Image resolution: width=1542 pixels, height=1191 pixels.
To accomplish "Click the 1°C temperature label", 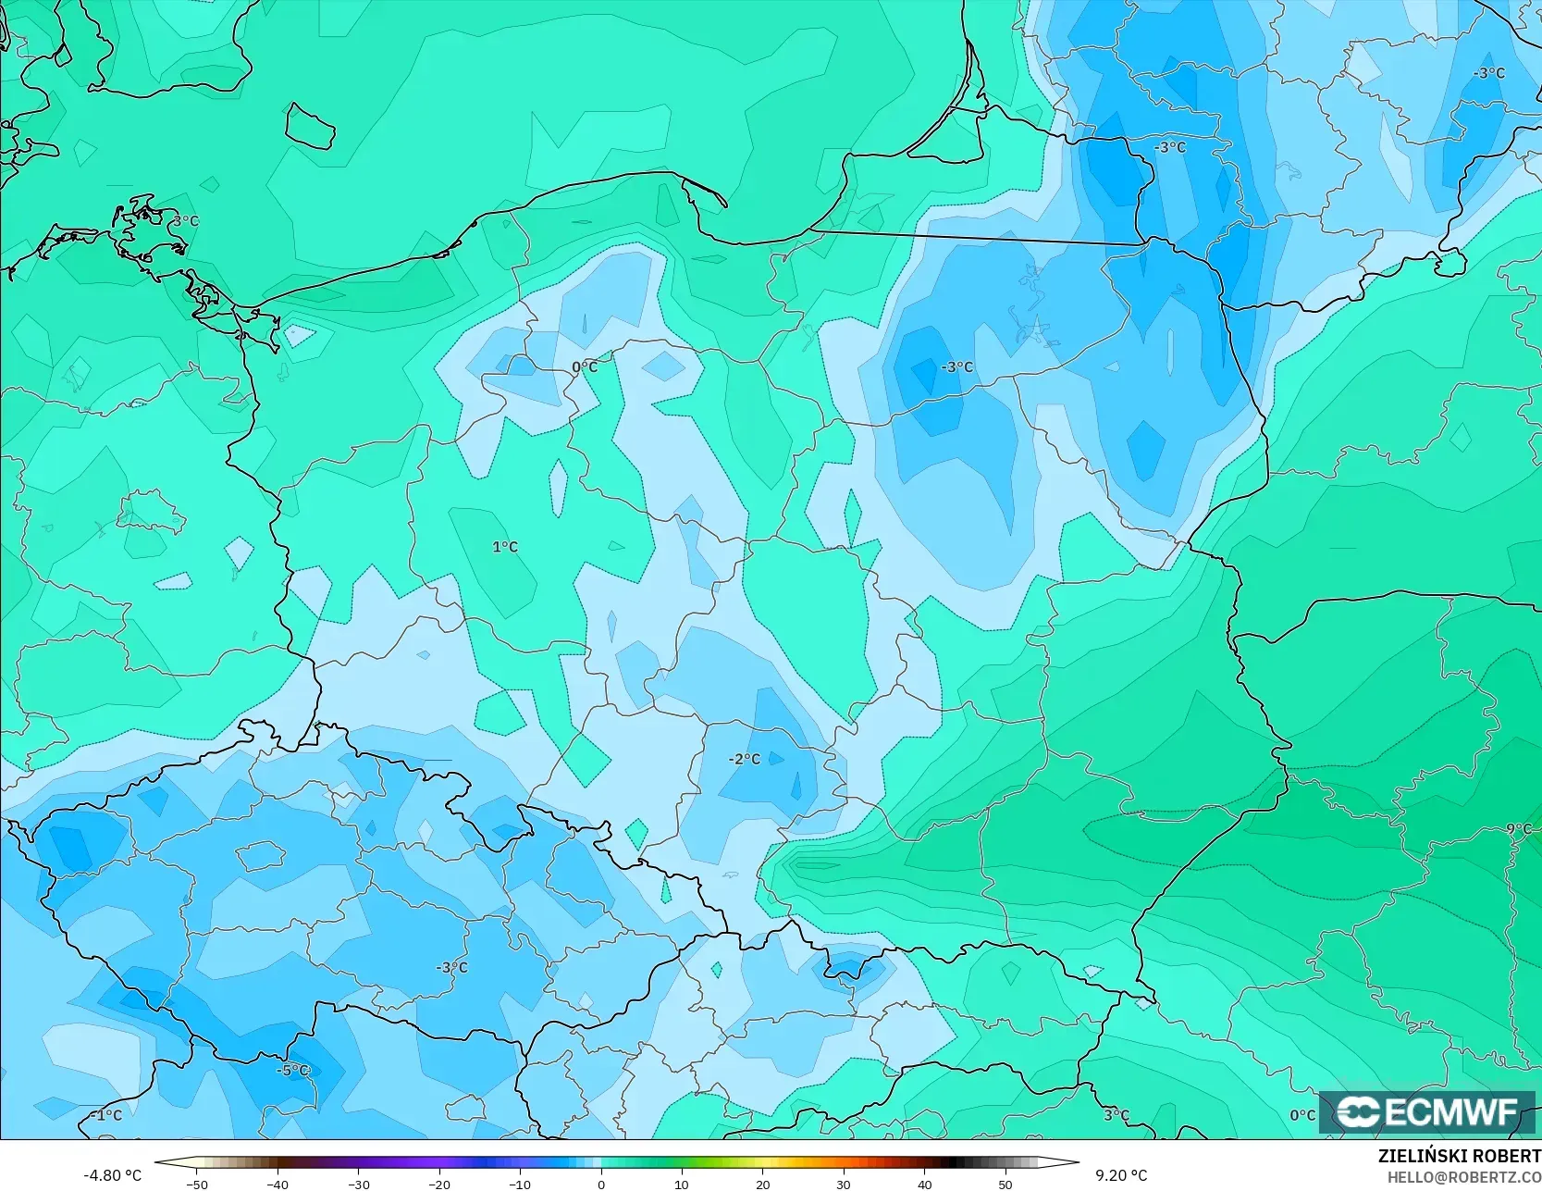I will [x=505, y=547].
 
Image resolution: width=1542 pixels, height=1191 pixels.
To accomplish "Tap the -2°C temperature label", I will [x=745, y=759].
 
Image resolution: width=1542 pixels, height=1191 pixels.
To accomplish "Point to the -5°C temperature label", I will [x=293, y=1071].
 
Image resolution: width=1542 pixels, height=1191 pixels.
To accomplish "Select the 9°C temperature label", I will [x=1519, y=829].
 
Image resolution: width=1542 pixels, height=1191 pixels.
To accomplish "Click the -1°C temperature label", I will [x=106, y=1115].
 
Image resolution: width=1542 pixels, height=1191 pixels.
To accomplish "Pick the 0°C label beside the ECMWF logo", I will [x=1302, y=1115].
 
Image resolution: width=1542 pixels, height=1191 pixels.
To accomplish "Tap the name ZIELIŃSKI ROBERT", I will [x=1459, y=1157].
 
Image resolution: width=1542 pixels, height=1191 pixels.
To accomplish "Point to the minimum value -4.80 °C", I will [x=113, y=1175].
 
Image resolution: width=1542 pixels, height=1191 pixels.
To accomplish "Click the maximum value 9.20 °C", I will [x=1121, y=1175].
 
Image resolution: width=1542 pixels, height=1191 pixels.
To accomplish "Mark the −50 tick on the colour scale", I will [x=196, y=1184].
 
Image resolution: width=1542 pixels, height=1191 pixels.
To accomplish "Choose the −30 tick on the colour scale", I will [x=359, y=1184].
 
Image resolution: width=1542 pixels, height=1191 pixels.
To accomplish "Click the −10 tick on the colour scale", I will [x=520, y=1184].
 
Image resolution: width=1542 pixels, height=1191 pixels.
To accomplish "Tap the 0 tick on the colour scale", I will [x=601, y=1184].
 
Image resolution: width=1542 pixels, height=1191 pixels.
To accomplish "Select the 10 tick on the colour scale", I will [x=682, y=1184].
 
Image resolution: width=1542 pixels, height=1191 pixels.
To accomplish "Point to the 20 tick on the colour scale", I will [x=762, y=1184].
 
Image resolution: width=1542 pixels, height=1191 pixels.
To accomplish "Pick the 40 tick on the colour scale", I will [x=924, y=1184].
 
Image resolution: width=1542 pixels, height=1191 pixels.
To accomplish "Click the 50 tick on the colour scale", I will [x=1005, y=1184].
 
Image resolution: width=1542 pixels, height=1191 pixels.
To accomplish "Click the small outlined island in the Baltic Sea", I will [x=309, y=126].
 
